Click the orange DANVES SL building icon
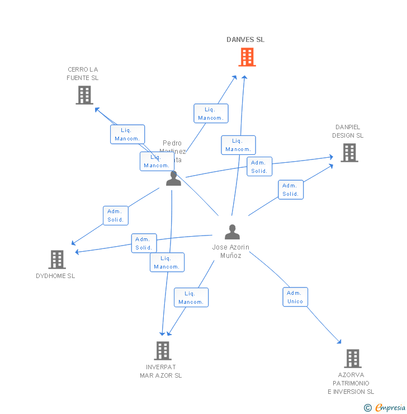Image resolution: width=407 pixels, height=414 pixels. pos(247,57)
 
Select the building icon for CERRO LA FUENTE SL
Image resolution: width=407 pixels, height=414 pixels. pos(84,95)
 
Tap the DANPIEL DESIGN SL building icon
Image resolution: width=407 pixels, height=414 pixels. pos(349,153)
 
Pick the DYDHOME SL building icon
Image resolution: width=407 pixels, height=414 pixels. pos(57,260)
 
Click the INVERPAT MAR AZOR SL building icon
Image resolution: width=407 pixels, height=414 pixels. pos(162,351)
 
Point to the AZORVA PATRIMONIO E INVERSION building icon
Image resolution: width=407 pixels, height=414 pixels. pos(352,359)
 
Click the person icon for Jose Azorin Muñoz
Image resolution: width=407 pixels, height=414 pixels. pos(232,232)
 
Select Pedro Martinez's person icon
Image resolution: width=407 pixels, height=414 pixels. pos(173,178)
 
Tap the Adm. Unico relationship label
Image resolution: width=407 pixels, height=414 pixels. pos(295,297)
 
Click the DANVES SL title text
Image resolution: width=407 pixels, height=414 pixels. pos(245,40)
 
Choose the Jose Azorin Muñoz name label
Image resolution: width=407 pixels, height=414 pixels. pos(231,251)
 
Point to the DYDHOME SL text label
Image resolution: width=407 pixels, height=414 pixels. pos(55,276)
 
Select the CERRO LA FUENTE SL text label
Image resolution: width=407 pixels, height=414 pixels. pos(82,74)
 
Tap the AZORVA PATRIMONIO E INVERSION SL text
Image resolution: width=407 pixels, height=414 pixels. pos(351,383)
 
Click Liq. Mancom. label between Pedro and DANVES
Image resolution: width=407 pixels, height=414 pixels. pos(211,114)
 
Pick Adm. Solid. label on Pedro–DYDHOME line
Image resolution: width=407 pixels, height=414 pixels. pos(116,215)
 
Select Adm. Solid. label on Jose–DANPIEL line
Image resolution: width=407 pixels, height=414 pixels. pos(291,190)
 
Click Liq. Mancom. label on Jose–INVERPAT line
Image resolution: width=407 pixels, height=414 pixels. pos(191,298)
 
